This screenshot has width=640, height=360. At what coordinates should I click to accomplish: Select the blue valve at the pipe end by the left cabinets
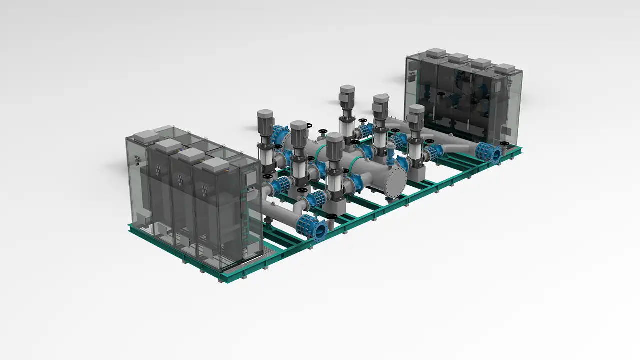[x=313, y=227]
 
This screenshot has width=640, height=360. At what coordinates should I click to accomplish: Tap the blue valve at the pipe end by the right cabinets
[x=489, y=152]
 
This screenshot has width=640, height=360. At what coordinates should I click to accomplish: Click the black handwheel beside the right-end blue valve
[x=504, y=145]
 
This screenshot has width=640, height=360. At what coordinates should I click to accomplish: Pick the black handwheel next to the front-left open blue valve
[x=332, y=216]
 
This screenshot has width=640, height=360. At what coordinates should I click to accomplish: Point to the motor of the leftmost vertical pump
[x=266, y=121]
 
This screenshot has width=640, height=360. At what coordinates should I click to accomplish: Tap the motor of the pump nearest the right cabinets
[x=416, y=115]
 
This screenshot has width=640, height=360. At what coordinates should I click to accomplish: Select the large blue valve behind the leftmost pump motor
[x=280, y=135]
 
